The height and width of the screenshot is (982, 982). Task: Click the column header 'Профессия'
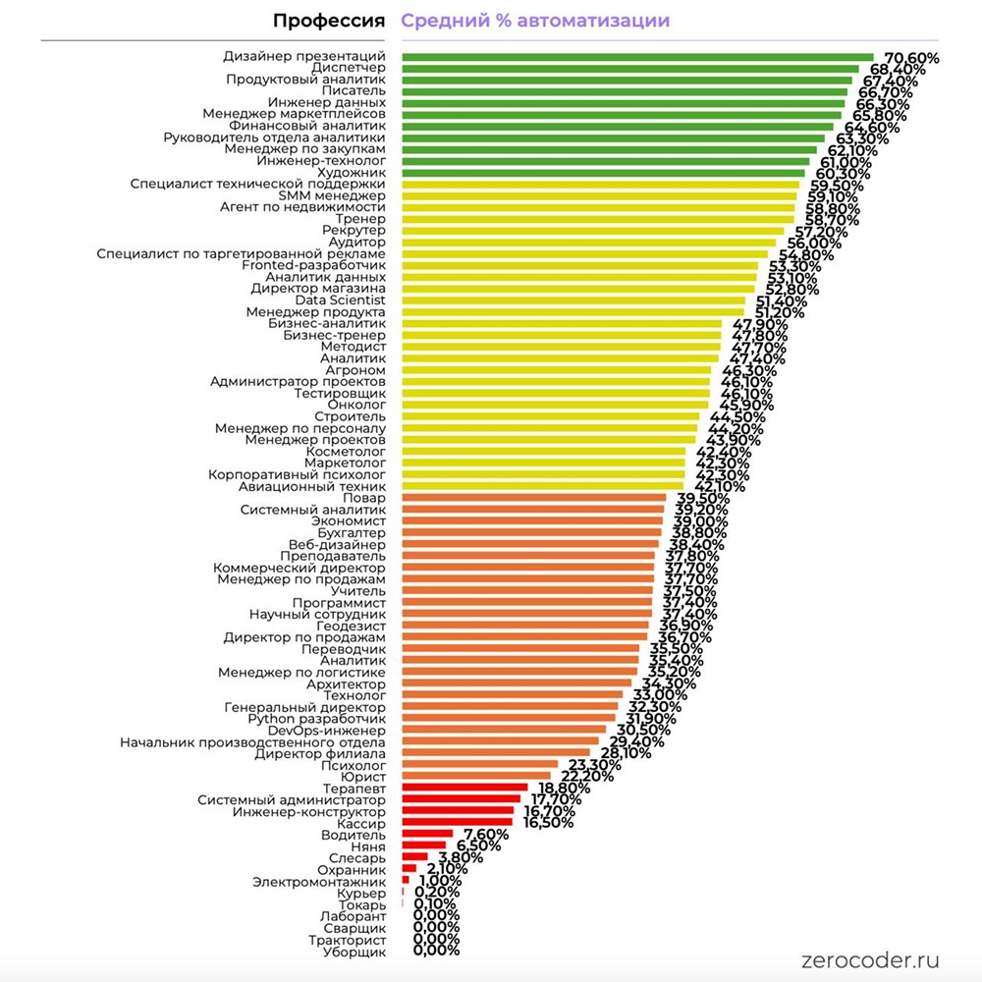328,21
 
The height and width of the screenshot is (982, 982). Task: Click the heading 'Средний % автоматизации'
535,21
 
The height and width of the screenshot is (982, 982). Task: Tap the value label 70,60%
911,59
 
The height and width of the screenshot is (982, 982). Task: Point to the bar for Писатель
624,91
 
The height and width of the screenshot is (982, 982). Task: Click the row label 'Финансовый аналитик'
307,126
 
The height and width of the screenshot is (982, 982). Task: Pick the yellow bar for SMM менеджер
599,195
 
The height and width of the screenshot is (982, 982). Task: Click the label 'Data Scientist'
349,300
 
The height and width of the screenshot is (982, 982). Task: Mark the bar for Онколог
555,405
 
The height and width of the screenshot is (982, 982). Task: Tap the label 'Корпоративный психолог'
297,474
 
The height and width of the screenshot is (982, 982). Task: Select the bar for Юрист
476,777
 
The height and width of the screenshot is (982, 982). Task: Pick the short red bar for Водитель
427,835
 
